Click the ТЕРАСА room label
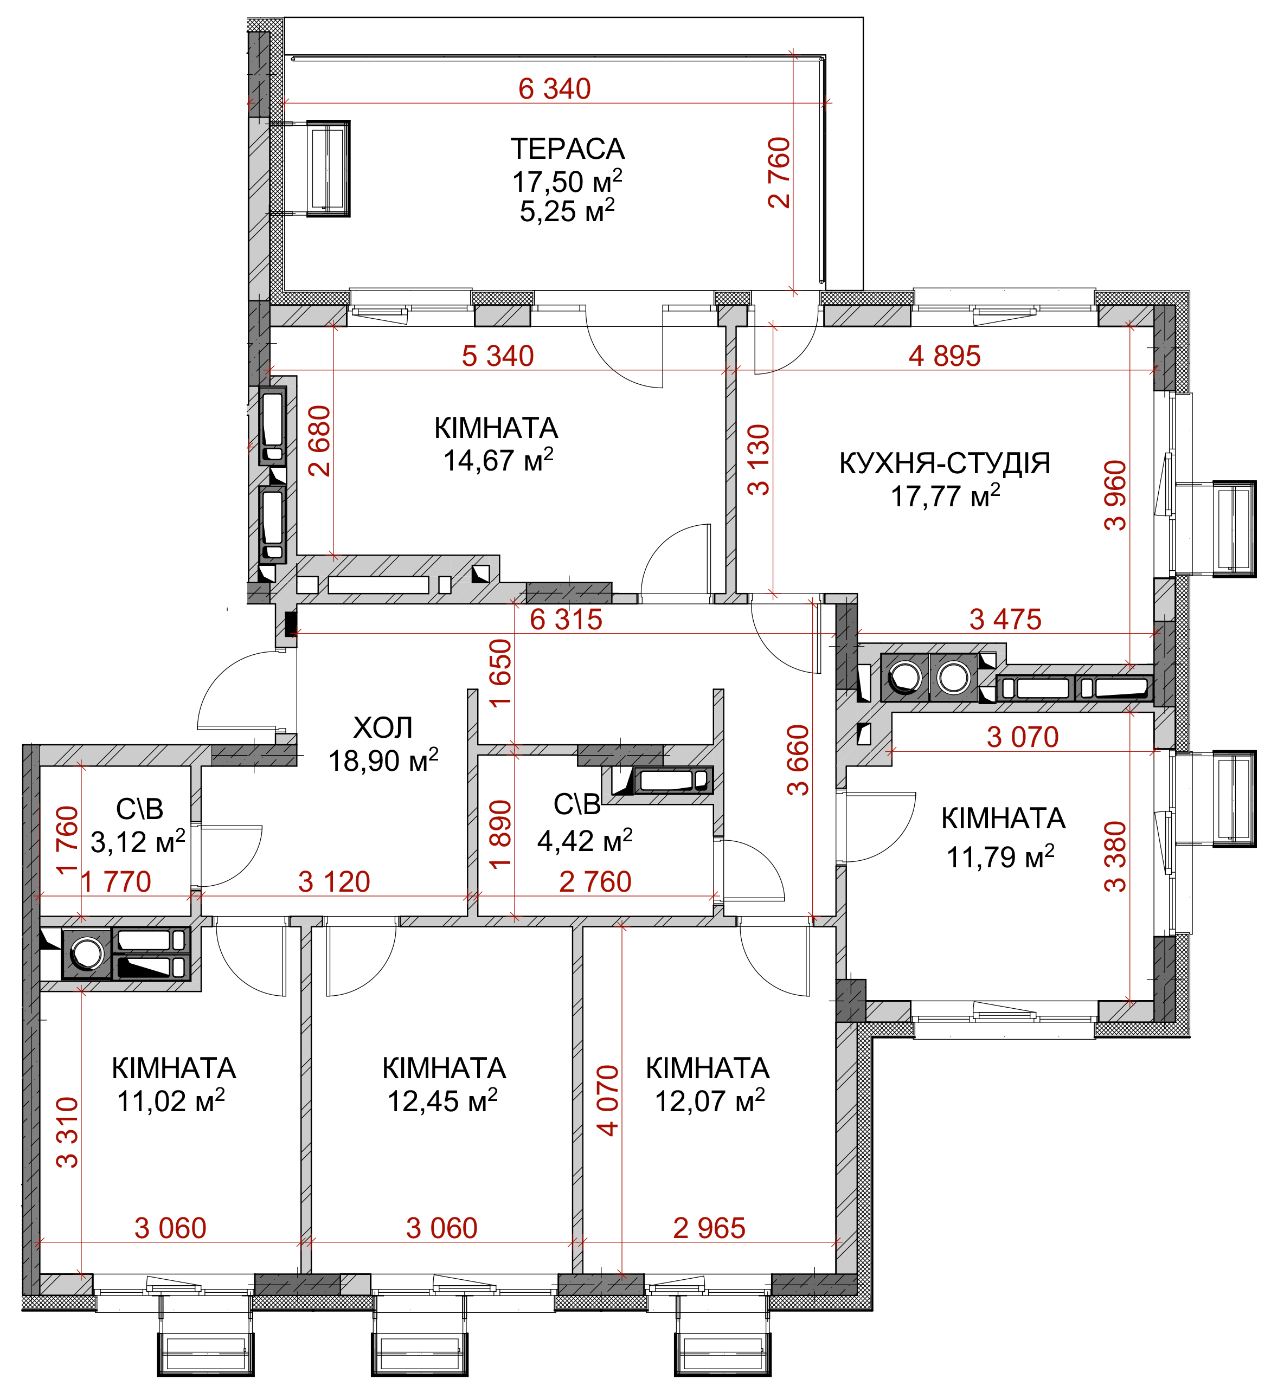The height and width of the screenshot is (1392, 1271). (567, 149)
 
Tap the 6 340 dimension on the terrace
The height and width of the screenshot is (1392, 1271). (555, 89)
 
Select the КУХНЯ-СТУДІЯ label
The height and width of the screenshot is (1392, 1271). (945, 463)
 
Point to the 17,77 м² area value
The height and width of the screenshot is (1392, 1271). (946, 496)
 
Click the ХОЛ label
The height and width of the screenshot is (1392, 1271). (383, 728)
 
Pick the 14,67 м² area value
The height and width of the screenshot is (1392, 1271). (498, 460)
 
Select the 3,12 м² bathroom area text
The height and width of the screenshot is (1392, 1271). (138, 842)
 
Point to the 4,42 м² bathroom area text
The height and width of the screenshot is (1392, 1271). (585, 840)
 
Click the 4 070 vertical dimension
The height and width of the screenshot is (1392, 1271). (608, 1100)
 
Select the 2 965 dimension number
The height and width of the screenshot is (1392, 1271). (709, 1228)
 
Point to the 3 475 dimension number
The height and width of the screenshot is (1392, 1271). (1005, 620)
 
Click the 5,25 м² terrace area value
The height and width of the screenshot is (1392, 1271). (567, 211)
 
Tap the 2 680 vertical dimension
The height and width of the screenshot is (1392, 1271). (320, 441)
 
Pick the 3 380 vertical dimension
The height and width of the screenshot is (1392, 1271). (1115, 857)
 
